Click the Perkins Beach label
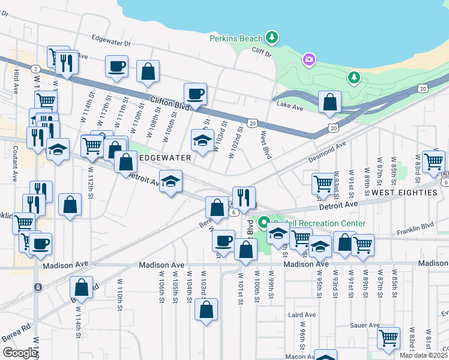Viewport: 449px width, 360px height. pyautogui.click(x=236, y=38)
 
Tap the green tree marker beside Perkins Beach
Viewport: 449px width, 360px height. pyautogui.click(x=273, y=38)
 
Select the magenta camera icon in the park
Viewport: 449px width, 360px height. pyautogui.click(x=309, y=59)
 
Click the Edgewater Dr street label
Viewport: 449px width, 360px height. pyautogui.click(x=111, y=43)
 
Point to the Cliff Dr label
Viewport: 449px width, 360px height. pyautogui.click(x=262, y=53)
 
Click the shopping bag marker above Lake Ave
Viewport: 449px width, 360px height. pyautogui.click(x=330, y=103)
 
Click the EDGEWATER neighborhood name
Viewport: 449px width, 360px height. pyautogui.click(x=164, y=158)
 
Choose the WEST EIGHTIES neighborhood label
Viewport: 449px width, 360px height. pyautogui.click(x=404, y=193)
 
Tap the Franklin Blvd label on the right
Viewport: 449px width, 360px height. pyautogui.click(x=415, y=226)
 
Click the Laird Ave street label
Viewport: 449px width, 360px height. pyautogui.click(x=302, y=314)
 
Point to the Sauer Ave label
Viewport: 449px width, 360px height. pyautogui.click(x=365, y=325)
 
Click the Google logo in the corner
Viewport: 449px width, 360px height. pyautogui.click(x=19, y=353)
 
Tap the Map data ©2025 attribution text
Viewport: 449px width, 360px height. pyautogui.click(x=424, y=355)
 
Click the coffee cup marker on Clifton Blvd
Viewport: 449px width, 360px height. pyautogui.click(x=195, y=94)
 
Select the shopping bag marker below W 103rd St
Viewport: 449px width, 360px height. pyautogui.click(x=206, y=310)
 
